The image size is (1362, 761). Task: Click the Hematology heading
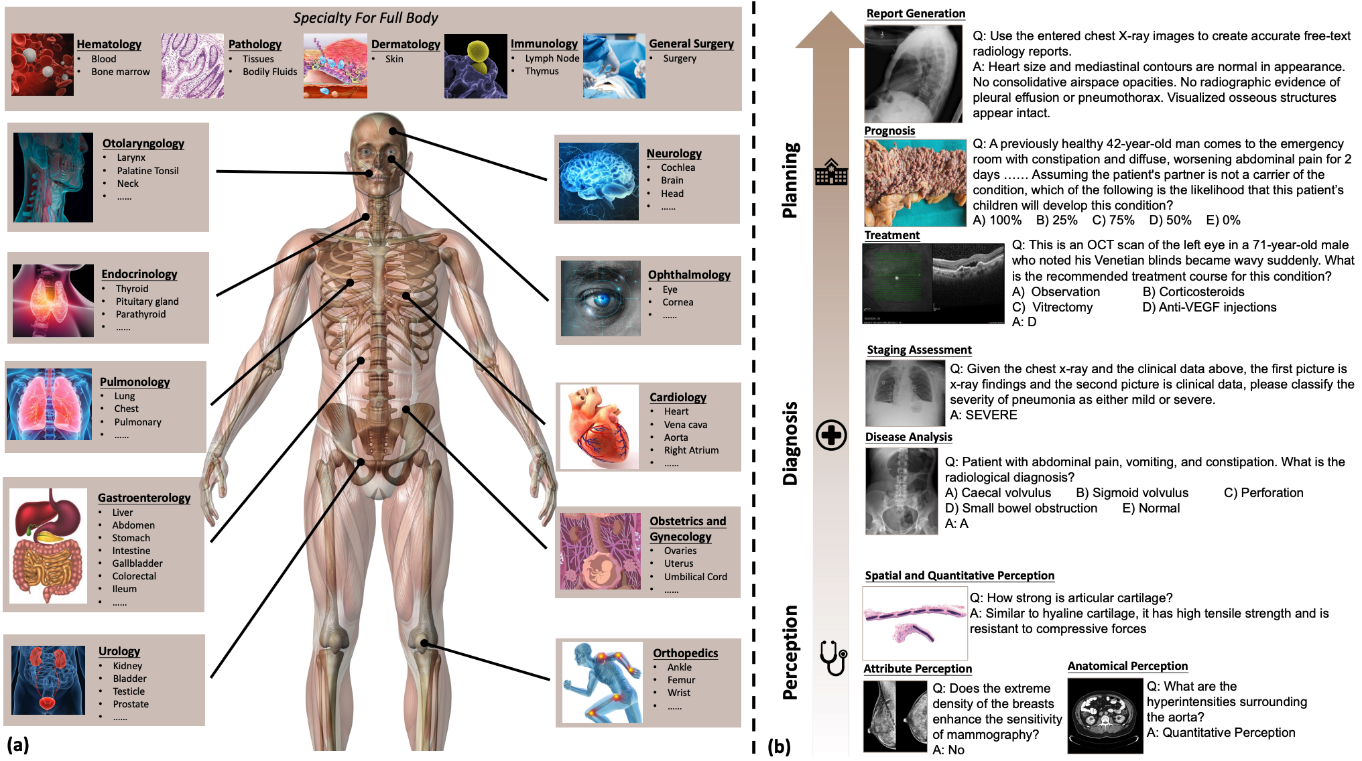[x=109, y=44]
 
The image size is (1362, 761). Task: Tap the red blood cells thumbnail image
[x=42, y=65]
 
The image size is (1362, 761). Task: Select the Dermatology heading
[x=406, y=44]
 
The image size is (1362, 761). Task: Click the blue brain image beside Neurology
[x=599, y=181]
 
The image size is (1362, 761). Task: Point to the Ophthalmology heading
[x=689, y=275]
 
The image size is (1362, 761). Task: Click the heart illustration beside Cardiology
[x=599, y=427]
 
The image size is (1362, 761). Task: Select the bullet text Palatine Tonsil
[x=147, y=171]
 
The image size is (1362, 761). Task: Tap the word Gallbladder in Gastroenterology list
[x=137, y=563]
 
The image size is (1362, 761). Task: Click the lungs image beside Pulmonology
[x=50, y=404]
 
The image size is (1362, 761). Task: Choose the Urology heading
[x=119, y=651]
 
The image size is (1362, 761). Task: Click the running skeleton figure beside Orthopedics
[x=602, y=682]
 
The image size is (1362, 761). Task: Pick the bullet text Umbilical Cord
[x=695, y=577]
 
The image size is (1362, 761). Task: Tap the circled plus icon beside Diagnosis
[x=831, y=435]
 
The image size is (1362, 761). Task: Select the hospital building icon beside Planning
[x=831, y=173]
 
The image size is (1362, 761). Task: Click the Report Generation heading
[x=916, y=13]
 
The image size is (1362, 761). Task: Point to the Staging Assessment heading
[x=919, y=350]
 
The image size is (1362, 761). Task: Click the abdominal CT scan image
[x=1105, y=715]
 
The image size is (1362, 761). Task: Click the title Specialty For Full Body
[x=365, y=18]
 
